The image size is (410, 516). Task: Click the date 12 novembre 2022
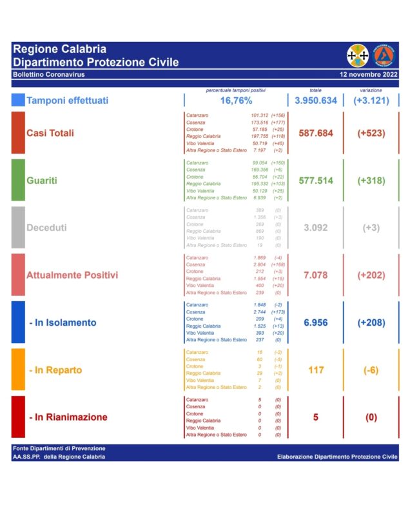369,75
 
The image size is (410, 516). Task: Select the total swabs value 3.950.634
316,101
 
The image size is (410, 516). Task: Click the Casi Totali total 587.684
316,133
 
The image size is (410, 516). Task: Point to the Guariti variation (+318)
371,181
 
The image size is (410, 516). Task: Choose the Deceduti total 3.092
316,228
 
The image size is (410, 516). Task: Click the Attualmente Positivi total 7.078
316,275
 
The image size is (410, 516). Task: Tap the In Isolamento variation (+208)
371,322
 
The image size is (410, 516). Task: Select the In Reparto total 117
316,370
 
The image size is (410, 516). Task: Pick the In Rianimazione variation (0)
371,417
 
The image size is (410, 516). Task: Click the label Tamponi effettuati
67,101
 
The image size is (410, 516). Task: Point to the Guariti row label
41,181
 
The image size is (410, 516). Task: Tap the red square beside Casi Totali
18,133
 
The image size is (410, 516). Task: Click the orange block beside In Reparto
18,370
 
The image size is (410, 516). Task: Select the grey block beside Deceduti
18,228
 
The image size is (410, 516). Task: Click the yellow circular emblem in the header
358,55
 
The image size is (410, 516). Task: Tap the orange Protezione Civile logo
386,55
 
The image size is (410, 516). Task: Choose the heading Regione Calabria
60,49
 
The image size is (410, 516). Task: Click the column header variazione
371,90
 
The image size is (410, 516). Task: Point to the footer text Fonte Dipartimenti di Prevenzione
59,448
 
